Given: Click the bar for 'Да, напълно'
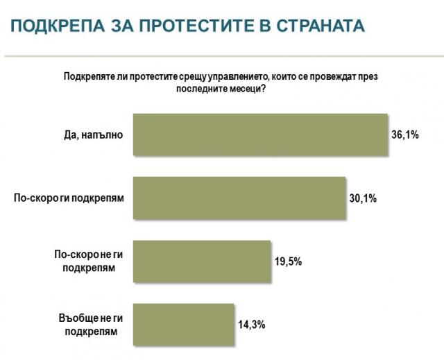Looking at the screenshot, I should (x=259, y=135).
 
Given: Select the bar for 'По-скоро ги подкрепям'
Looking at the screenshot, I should (x=239, y=198).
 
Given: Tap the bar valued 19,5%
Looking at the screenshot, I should (x=200, y=261).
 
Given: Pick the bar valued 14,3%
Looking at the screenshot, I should (x=184, y=324).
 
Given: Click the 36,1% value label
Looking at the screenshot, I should (x=404, y=135).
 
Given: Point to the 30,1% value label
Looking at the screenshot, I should (x=363, y=198).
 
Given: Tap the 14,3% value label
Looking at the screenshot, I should (x=253, y=324).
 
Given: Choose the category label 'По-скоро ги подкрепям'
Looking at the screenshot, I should (x=69, y=198).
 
